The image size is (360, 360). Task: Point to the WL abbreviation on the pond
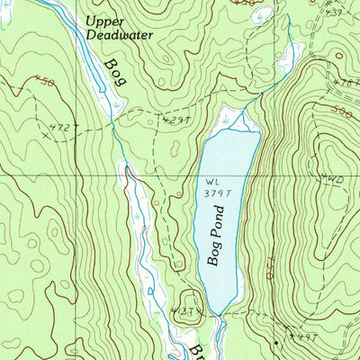[x=212, y=181]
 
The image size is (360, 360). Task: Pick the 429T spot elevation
[x=178, y=119]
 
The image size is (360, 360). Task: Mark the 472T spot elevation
[x=63, y=128]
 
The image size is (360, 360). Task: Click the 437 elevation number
[x=336, y=13]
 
